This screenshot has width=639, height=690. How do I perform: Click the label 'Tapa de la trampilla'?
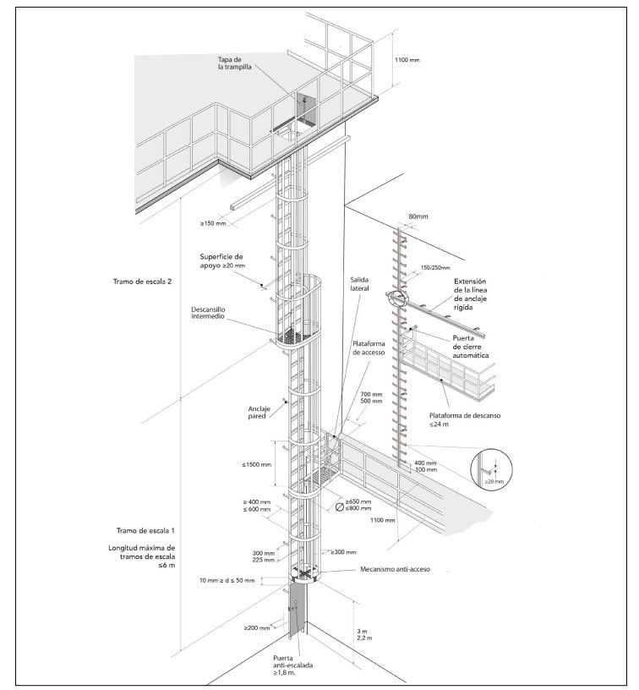pos(235,63)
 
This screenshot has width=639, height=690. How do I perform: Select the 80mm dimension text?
pos(418,216)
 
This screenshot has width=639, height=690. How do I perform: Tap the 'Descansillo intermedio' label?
pos(208,313)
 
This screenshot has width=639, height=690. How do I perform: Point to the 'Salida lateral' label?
pos(359,284)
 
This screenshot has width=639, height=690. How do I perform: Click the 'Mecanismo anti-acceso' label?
pos(395,569)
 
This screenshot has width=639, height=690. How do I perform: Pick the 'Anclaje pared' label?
pos(259,413)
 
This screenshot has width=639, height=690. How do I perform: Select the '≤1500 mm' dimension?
pos(256,464)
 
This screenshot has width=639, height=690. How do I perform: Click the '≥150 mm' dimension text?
pos(213,223)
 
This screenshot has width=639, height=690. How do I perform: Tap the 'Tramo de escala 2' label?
pos(142,282)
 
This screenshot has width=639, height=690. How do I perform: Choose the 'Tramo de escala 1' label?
pos(145,530)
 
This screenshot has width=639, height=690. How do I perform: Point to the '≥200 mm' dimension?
pos(257,627)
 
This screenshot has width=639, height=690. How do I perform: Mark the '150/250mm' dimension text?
pos(435,267)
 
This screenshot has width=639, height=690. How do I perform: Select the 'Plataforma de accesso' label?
pos(369,348)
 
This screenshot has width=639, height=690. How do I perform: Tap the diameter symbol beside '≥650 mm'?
pos(340,507)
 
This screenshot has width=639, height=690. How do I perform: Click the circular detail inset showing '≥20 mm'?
pos(492,469)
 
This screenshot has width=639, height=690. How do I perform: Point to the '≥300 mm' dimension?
pos(343,552)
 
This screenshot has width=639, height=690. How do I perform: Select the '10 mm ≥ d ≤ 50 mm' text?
pos(227,580)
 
